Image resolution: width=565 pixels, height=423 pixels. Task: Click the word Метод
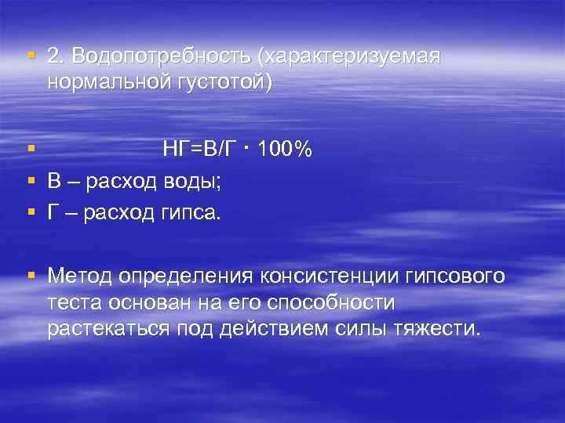[x=79, y=277]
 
